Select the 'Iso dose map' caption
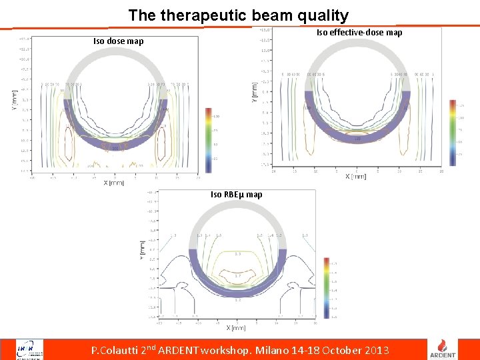(118, 41)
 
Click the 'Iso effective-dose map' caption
(359, 32)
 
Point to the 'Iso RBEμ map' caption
(236, 195)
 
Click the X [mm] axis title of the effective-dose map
(356, 176)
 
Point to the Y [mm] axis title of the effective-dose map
(255, 93)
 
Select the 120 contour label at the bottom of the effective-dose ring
(357, 139)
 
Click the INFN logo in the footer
(31, 349)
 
